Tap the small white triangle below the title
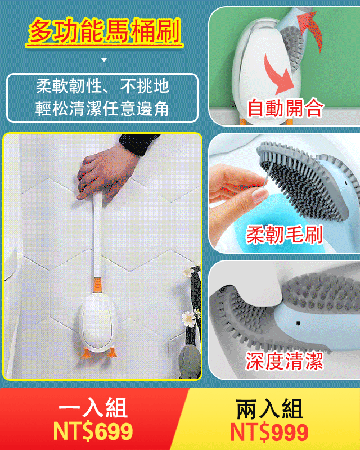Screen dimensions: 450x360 click(x=104, y=60)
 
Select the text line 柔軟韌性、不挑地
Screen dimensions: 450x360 click(x=102, y=87)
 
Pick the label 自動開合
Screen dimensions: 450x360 click(x=285, y=107)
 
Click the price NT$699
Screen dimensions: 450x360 click(x=93, y=432)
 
